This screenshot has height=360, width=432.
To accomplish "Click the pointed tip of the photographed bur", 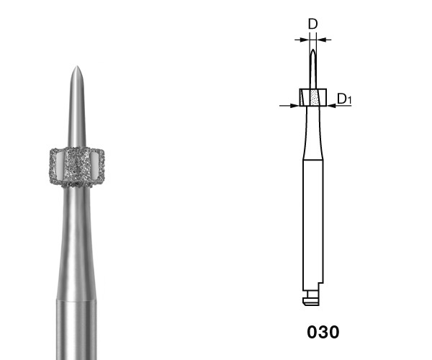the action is pyautogui.click(x=76, y=66).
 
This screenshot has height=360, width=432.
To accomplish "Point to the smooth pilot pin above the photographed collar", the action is pyautogui.click(x=77, y=107).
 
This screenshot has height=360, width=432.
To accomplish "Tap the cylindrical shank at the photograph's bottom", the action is pyautogui.click(x=76, y=330).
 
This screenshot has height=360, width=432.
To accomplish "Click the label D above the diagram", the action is pyautogui.click(x=312, y=24).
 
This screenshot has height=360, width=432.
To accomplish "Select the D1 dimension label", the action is pyautogui.click(x=344, y=99).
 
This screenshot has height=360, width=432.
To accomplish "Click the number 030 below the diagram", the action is pyautogui.click(x=323, y=332).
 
